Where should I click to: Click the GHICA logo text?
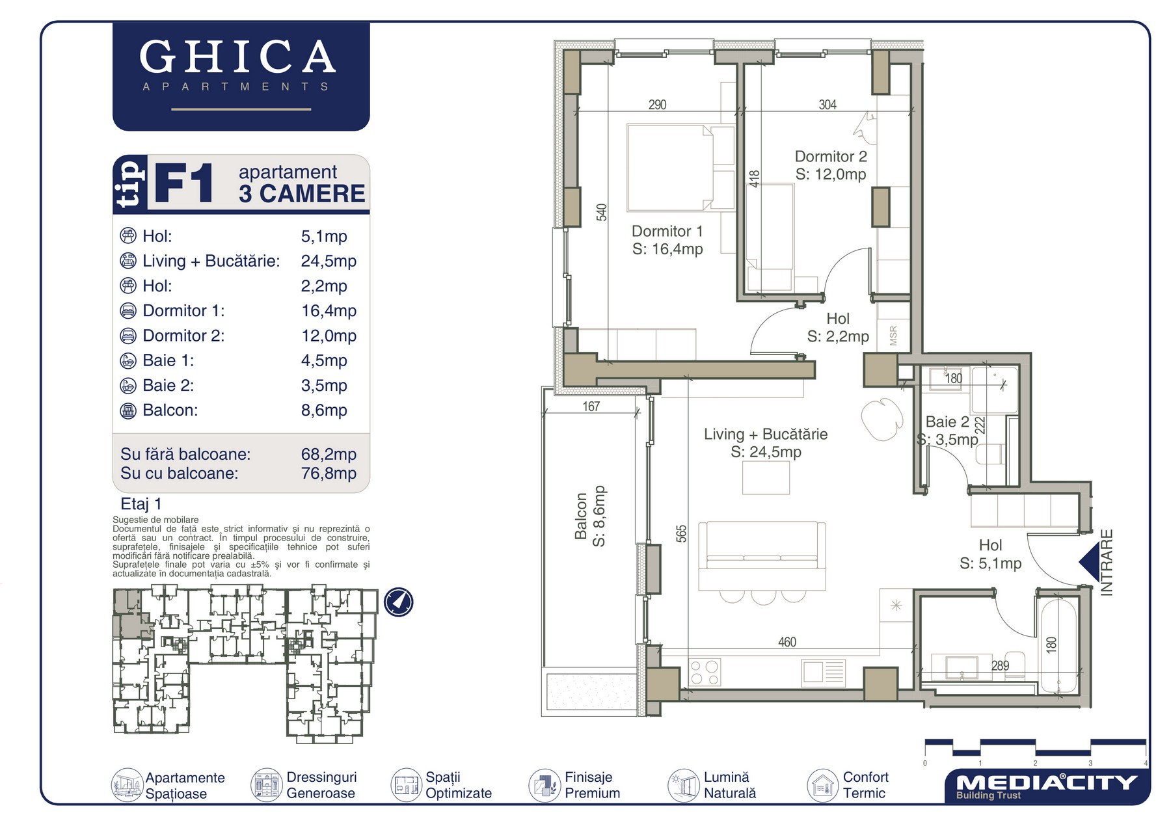coord(237,57)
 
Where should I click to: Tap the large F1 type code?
coord(184,184)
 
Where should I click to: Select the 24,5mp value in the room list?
coord(329,261)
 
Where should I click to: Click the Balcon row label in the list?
coord(170,410)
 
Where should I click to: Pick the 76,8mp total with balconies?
coord(329,473)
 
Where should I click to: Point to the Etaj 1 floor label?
coord(141,504)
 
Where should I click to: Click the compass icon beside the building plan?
coord(398,602)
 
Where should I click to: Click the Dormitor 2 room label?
coord(831,157)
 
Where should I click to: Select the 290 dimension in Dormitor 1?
coord(657,105)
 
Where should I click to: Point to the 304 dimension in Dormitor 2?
coord(828,105)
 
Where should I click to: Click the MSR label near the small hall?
coord(893,336)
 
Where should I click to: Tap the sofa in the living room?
coord(762,555)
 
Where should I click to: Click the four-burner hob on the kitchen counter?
coord(705,673)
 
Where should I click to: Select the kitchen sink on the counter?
coord(823,672)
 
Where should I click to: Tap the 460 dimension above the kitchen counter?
coord(787,642)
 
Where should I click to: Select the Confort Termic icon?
coord(822,785)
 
